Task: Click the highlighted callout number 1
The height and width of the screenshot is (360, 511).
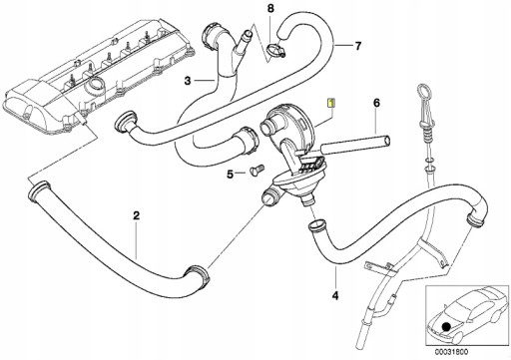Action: [x=332, y=103]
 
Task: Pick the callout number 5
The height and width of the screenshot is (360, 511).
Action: [x=230, y=176]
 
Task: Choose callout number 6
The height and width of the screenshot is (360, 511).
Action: [x=377, y=102]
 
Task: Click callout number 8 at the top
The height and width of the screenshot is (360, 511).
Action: [x=268, y=9]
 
